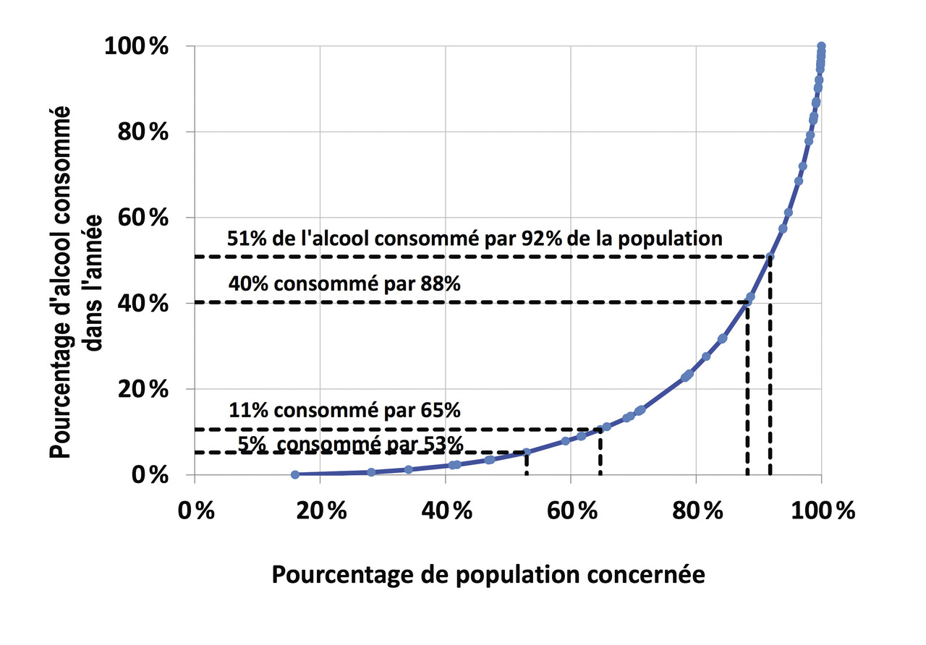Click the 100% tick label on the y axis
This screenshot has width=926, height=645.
137,47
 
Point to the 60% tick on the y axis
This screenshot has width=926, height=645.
143,218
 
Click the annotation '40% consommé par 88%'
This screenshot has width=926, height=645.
344,284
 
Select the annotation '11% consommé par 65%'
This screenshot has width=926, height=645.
344,411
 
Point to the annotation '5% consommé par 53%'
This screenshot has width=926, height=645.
350,443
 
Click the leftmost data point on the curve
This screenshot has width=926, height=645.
294,474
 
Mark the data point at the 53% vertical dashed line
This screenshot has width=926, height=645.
527,452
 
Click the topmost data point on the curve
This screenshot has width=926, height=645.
821,46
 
